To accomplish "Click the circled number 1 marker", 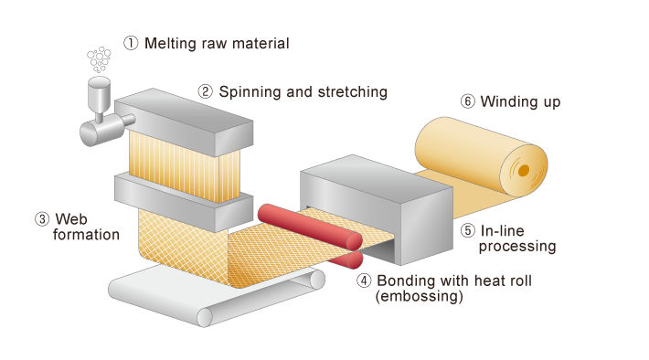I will (131, 43).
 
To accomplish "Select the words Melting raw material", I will (216, 43).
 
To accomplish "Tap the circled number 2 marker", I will (206, 91).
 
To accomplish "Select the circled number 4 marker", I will (363, 281).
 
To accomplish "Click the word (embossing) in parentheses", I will (420, 297).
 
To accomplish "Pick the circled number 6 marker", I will (467, 101).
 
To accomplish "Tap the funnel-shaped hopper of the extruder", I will (96, 92).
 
